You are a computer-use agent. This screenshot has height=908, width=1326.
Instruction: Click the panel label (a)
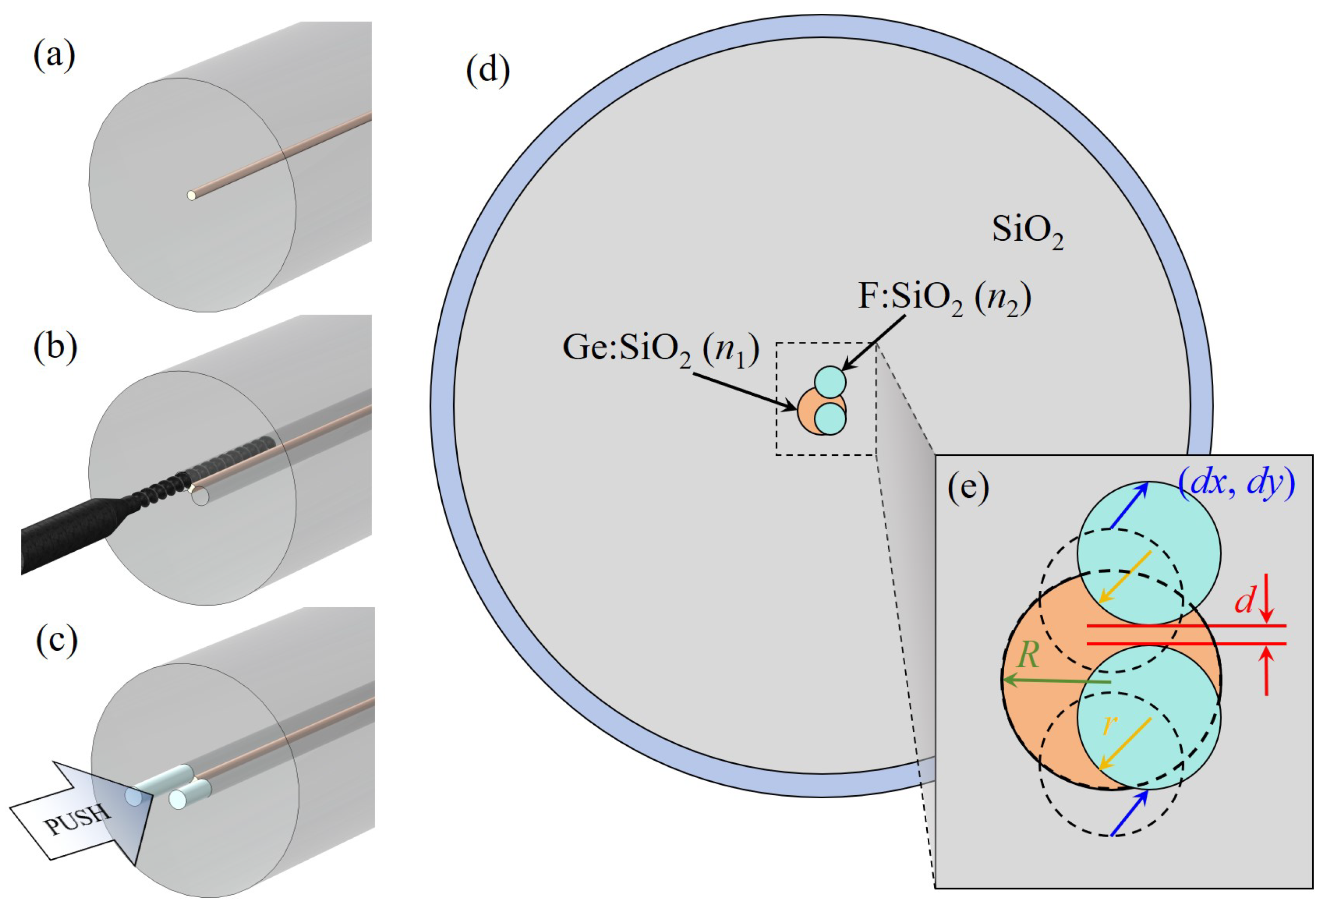click(x=54, y=57)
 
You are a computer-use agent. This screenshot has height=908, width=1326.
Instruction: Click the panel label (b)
click(x=55, y=347)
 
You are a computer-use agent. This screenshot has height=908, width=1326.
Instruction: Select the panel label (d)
click(x=488, y=72)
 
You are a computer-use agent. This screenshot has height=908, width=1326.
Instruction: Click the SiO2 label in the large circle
click(x=1027, y=231)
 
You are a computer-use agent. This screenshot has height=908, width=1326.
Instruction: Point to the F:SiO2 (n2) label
click(x=944, y=299)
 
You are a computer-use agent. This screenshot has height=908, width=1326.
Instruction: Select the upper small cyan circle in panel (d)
click(x=830, y=381)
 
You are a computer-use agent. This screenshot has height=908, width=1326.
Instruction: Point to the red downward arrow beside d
click(x=1267, y=607)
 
